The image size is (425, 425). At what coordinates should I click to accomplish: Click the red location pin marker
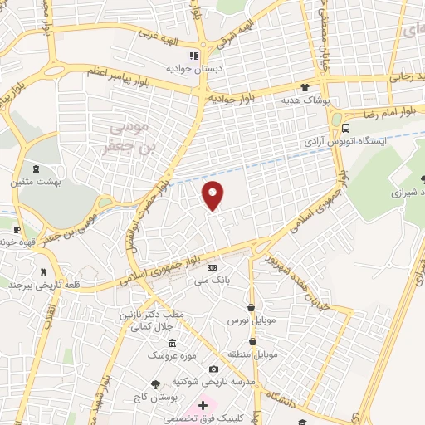click(213, 195)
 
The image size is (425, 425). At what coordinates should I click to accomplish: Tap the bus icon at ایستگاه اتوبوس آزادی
click(346, 129)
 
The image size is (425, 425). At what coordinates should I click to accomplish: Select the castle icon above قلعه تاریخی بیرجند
click(43, 271)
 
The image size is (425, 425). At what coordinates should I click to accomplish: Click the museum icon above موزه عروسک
click(172, 343)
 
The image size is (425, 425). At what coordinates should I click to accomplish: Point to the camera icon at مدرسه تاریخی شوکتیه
click(213, 369)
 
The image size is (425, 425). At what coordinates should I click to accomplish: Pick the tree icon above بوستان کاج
click(155, 383)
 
